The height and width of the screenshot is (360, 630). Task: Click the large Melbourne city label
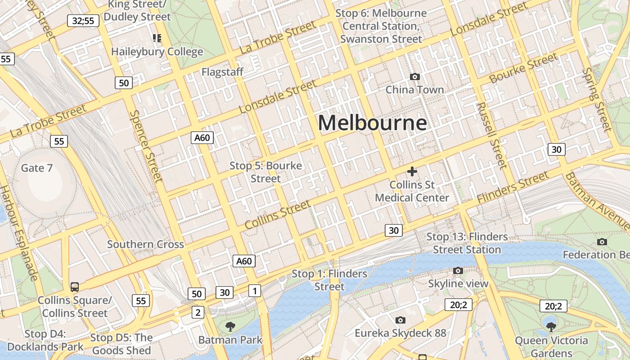click(x=372, y=123)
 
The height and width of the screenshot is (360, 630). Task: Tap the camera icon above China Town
click(x=415, y=77)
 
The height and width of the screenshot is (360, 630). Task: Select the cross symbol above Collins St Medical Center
click(x=412, y=171)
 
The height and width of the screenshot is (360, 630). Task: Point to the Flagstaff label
click(x=222, y=72)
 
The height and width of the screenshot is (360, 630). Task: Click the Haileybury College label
click(x=157, y=52)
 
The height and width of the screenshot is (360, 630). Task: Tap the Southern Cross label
click(x=145, y=244)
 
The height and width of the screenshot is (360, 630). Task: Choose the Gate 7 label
click(x=37, y=168)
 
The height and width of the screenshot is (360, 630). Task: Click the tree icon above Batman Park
click(x=230, y=327)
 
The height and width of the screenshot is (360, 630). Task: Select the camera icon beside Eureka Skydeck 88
click(x=400, y=320)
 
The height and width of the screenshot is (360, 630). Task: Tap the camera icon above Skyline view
click(x=458, y=270)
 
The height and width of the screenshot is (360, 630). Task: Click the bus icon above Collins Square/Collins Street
click(x=75, y=287)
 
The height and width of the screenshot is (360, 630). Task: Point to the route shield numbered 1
click(x=255, y=291)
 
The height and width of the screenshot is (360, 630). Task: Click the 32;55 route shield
click(x=83, y=20)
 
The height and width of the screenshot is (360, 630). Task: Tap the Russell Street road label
click(x=492, y=135)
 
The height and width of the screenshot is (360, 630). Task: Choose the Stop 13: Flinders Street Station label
click(x=467, y=243)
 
